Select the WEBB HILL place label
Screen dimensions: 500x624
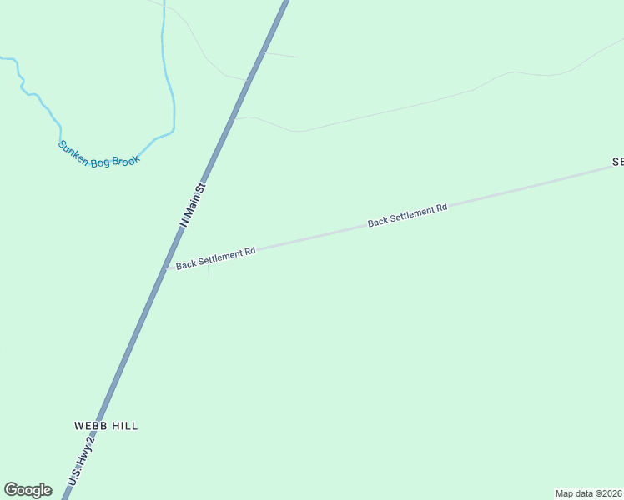(x=106, y=426)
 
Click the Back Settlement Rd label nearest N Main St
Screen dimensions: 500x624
(x=215, y=257)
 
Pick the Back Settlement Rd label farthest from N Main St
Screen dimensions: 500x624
(x=408, y=215)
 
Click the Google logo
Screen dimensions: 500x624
(x=28, y=490)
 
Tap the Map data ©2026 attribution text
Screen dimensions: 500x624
(x=589, y=493)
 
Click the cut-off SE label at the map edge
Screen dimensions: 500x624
(x=617, y=162)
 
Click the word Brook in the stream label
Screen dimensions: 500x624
(x=125, y=158)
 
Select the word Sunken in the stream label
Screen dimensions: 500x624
(x=73, y=151)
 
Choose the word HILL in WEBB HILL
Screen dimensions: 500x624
(x=123, y=426)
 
